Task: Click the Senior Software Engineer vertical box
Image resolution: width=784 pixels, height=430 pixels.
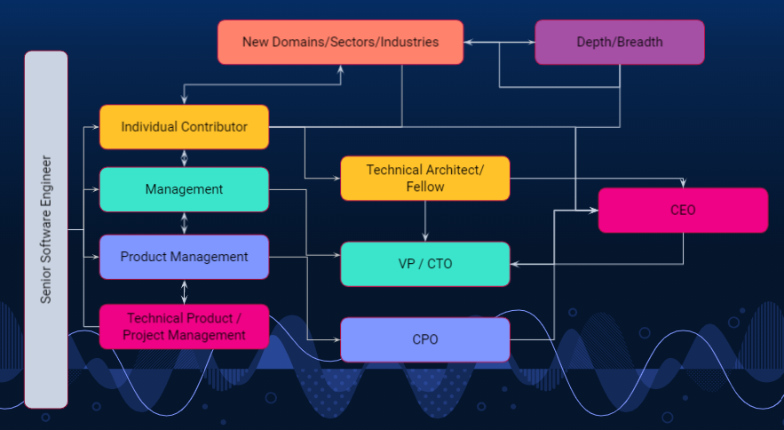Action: point(46,229)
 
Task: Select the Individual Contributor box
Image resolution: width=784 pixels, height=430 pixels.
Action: point(184,127)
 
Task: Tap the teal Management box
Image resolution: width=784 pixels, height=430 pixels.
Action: point(184,189)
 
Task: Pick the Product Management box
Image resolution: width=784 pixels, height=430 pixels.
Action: point(184,257)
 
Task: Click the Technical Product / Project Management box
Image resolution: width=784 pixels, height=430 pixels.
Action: point(184,326)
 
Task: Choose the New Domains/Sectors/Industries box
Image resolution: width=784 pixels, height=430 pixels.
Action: point(340,42)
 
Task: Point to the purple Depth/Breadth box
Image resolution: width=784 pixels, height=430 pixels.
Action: point(620,42)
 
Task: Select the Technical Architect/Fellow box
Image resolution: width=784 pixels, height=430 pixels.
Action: point(425,179)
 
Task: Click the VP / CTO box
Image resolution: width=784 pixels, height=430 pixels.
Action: point(425,264)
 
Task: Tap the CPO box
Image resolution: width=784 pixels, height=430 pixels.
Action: point(425,339)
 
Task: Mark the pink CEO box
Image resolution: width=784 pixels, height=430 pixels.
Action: point(683,211)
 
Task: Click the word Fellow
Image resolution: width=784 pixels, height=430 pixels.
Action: point(425,187)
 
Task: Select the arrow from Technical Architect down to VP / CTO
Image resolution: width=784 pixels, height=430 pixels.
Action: point(425,221)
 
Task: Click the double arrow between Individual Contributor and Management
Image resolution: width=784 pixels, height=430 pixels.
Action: point(184,158)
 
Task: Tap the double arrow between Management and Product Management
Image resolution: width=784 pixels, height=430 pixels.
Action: point(184,223)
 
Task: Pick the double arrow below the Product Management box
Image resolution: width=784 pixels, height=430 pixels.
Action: point(184,291)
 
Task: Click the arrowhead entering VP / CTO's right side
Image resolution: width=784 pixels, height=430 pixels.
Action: point(514,264)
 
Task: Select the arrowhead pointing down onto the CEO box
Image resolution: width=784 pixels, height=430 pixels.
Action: point(683,183)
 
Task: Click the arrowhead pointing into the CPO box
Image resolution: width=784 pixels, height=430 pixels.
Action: point(337,339)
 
